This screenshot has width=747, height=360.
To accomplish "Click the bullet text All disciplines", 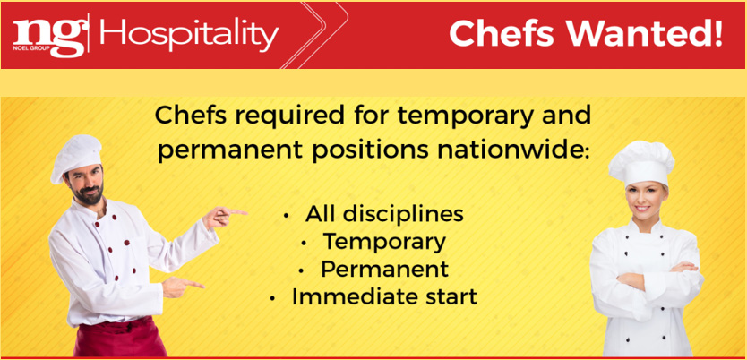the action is tap(384, 213).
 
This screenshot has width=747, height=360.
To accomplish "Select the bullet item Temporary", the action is tap(384, 242).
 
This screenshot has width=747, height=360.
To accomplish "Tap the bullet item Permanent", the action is tap(384, 269).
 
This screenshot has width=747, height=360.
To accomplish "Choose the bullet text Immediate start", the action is tap(384, 296).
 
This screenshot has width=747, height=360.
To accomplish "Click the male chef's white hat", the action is tap(75, 156).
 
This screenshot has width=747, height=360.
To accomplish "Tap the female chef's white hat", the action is tap(640, 163).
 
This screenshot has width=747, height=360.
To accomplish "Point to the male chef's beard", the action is tap(89, 192).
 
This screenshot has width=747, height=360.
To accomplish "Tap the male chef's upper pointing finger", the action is tap(234, 211).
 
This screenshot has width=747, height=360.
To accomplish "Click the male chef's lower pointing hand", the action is tap(182, 287).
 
